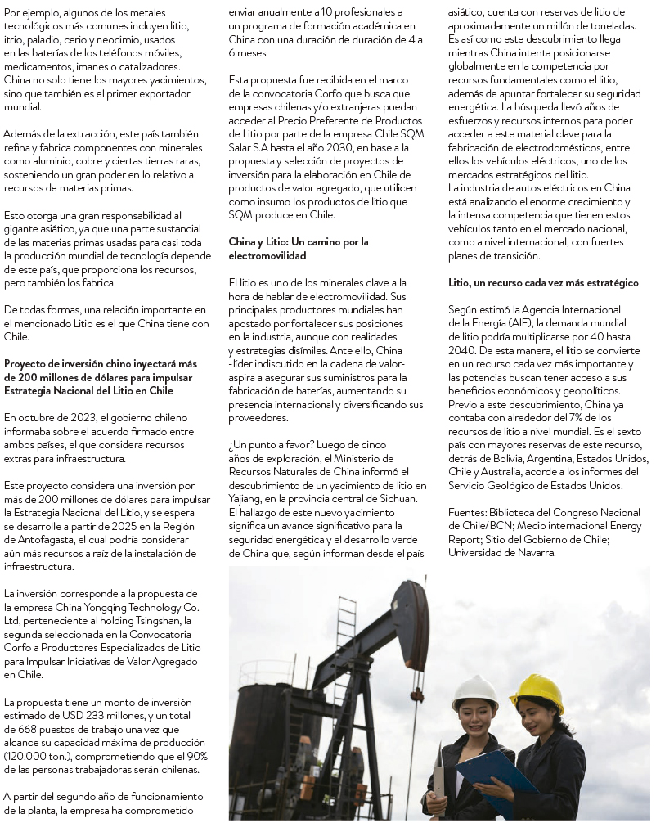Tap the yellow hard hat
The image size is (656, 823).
pyautogui.click(x=537, y=692)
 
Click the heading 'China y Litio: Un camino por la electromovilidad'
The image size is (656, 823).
pyautogui.click(x=298, y=249)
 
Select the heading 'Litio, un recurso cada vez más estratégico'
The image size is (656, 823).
pyautogui.click(x=543, y=283)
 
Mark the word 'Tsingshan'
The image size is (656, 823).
pyautogui.click(x=163, y=620)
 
